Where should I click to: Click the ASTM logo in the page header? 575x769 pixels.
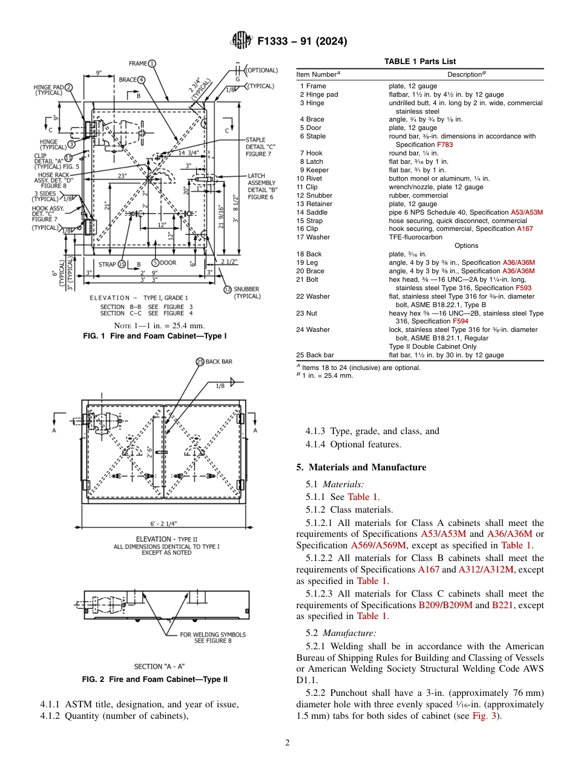[x=242, y=42]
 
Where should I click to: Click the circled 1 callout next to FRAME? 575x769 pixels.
[x=152, y=63]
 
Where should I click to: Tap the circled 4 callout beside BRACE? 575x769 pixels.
[x=141, y=79]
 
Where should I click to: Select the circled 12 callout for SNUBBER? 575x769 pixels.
[x=228, y=290]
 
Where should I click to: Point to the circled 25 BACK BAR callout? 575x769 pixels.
[x=200, y=362]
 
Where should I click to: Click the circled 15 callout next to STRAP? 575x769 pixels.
[x=122, y=264]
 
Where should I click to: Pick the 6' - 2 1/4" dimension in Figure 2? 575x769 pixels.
[x=163, y=524]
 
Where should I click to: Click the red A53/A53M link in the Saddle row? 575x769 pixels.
[x=527, y=212]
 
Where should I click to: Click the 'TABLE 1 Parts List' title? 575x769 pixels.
[x=420, y=62]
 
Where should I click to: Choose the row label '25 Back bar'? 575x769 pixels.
[x=315, y=355]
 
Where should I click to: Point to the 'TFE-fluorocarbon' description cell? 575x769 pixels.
[x=411, y=237]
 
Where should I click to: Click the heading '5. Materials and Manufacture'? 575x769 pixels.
[x=361, y=467]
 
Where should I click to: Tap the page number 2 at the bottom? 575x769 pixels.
[x=287, y=742]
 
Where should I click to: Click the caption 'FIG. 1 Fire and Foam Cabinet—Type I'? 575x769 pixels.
[x=154, y=336]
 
